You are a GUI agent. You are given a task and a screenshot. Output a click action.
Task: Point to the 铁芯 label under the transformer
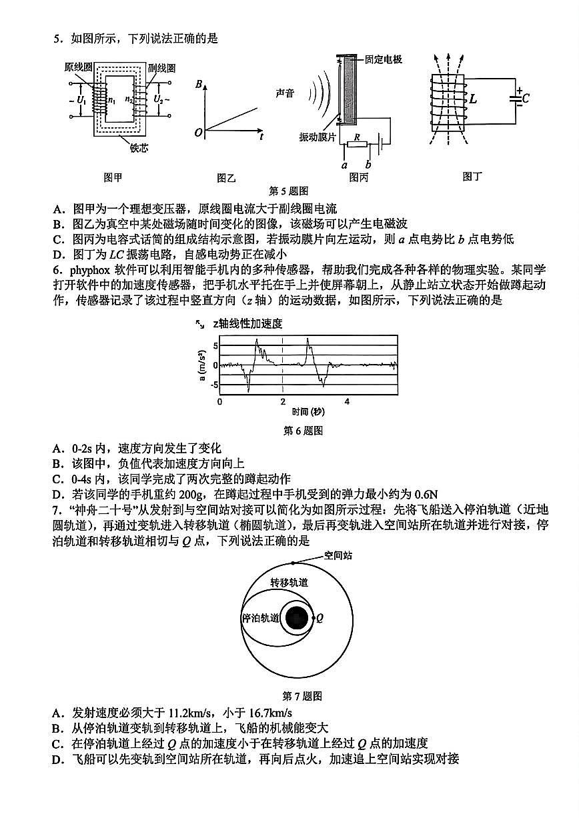tap(139, 147)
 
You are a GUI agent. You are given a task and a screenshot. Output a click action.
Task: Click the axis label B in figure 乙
tap(199, 85)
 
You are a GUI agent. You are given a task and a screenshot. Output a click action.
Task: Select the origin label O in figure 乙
tap(198, 133)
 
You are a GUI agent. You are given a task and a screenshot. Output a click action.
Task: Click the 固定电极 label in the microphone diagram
tap(384, 59)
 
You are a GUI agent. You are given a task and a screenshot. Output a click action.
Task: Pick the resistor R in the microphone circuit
tap(358, 143)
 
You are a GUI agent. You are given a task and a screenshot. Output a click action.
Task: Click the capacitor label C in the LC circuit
tap(526, 99)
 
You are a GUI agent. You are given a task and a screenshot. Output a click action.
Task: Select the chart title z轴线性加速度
tap(247, 324)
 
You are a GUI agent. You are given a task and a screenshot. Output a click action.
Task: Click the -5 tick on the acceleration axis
tap(215, 385)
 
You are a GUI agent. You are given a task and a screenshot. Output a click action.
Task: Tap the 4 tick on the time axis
tap(346, 401)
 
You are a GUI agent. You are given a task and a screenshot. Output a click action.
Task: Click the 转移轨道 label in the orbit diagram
tap(289, 582)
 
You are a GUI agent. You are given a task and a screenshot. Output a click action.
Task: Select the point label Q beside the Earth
tap(320, 618)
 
